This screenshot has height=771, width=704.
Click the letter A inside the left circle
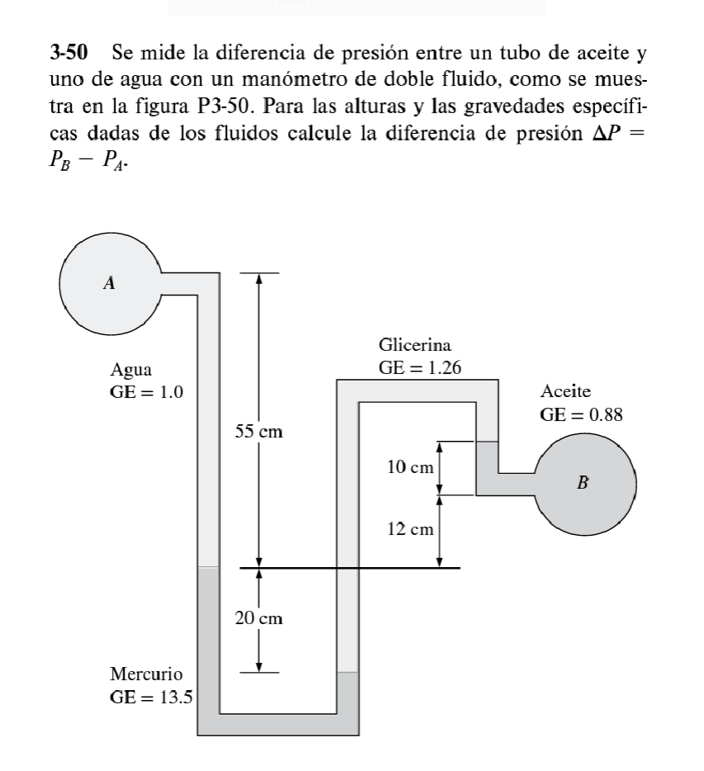(x=108, y=283)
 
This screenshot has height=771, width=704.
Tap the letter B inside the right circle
(x=583, y=482)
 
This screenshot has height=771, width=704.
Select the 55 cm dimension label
(x=259, y=432)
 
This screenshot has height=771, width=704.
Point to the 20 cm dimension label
(x=259, y=617)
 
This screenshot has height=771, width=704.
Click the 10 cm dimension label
(x=410, y=468)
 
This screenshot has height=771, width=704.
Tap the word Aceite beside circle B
(x=566, y=391)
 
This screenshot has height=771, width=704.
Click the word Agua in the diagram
(x=131, y=369)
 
